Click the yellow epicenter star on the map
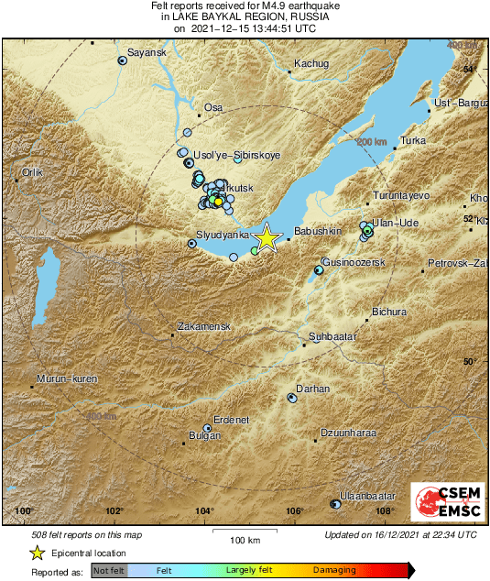[267, 237]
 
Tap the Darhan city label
[313, 389]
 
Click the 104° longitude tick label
[204, 511]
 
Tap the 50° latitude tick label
[468, 361]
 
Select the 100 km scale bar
[244, 532]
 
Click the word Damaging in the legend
[334, 570]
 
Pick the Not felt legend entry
[108, 570]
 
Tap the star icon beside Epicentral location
[37, 553]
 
